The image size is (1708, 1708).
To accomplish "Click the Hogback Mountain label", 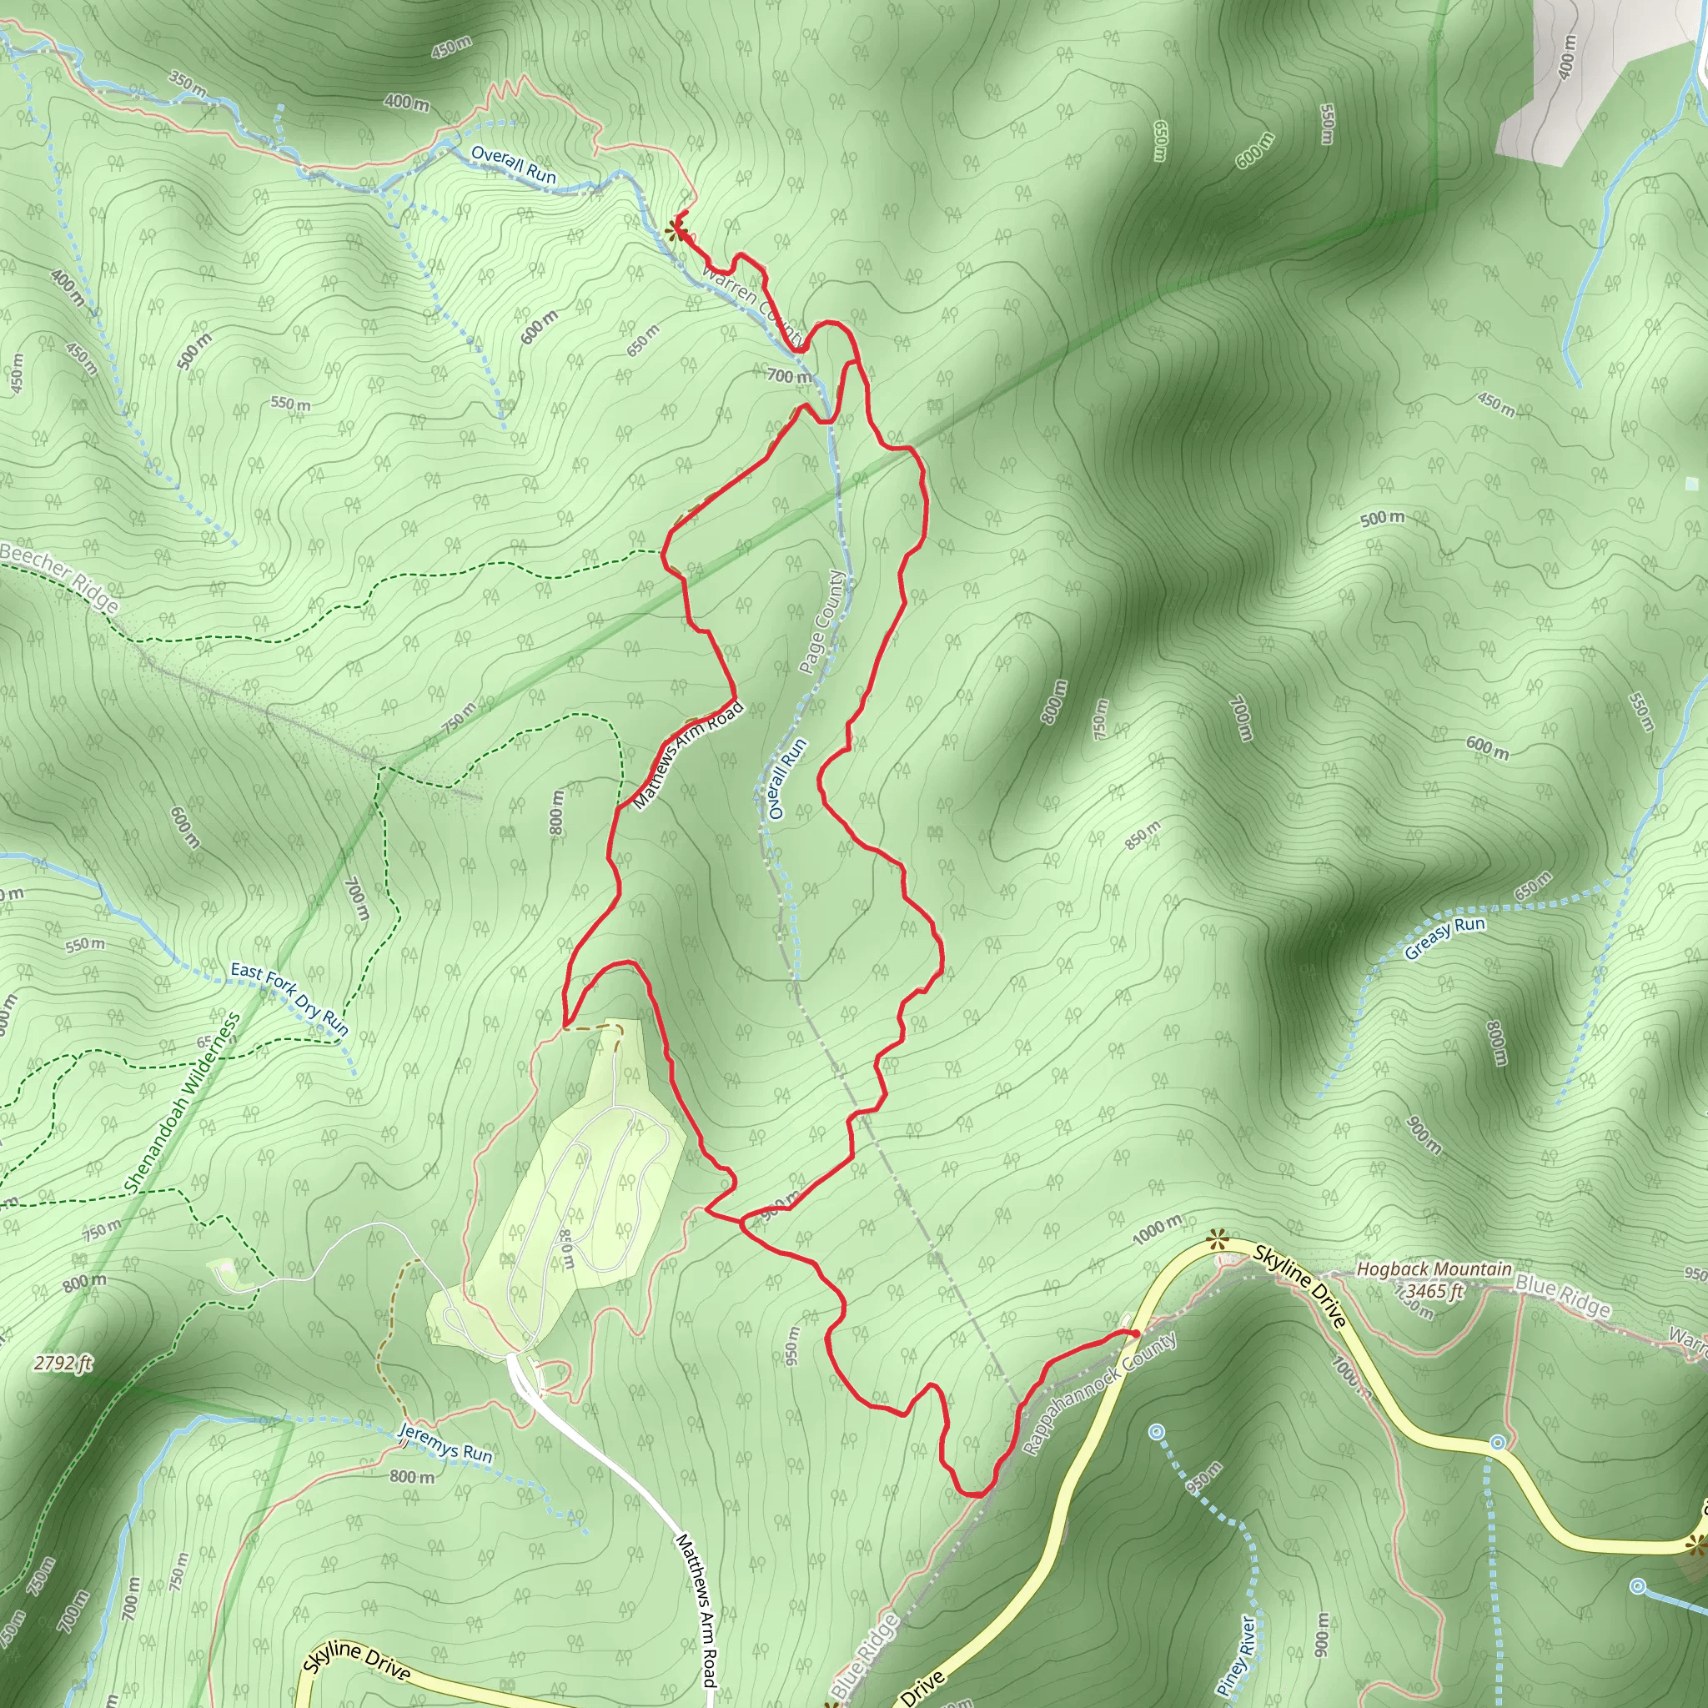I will pyautogui.click(x=1434, y=1269).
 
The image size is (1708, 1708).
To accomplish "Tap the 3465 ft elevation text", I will pyautogui.click(x=1434, y=1292).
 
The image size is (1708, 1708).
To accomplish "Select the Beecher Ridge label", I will pyautogui.click(x=59, y=577).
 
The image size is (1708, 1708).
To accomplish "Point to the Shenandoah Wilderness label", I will pyautogui.click(x=182, y=1103).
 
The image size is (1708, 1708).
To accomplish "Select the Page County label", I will pyautogui.click(x=822, y=621).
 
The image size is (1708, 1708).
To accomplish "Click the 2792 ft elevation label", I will pyautogui.click(x=63, y=1364).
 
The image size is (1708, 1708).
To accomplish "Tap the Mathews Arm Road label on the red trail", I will pyautogui.click(x=689, y=754).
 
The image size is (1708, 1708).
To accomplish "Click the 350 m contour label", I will pyautogui.click(x=188, y=84).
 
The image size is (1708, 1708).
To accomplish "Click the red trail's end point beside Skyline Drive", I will pyautogui.click(x=1133, y=1334).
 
